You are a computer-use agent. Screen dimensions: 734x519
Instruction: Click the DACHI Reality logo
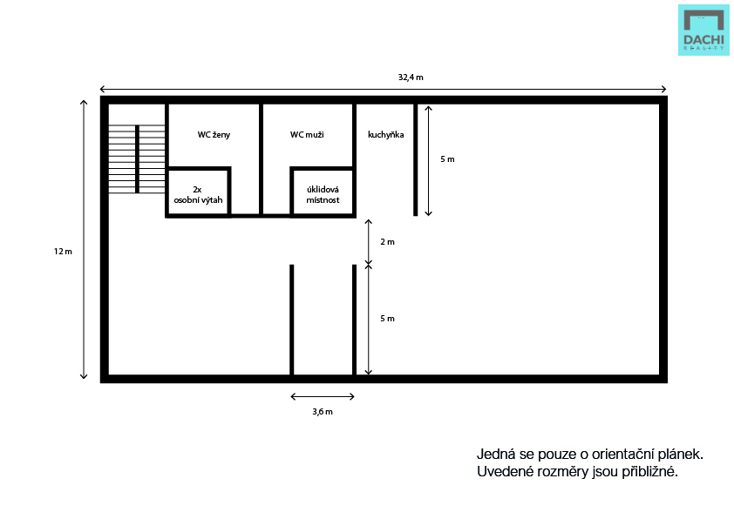point(703,30)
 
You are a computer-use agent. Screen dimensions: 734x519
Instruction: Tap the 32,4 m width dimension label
point(411,78)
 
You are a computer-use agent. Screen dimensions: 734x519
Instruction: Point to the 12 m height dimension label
point(63,252)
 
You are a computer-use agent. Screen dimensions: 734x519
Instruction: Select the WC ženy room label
point(214,135)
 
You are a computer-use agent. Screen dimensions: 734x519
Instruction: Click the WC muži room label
point(307,135)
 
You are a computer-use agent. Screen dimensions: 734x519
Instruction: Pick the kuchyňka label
point(385,135)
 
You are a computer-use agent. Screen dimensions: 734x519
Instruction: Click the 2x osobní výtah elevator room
point(198,192)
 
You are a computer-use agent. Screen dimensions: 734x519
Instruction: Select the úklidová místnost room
point(323,192)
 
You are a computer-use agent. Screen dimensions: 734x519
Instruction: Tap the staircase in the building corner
point(137,159)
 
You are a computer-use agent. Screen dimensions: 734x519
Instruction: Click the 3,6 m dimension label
point(323,412)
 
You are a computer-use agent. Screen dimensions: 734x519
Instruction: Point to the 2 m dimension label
point(387,242)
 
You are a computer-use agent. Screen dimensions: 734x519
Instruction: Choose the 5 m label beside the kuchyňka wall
point(447,159)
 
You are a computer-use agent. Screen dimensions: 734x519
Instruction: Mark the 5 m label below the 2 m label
point(387,319)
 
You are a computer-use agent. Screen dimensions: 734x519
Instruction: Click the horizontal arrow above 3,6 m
point(323,396)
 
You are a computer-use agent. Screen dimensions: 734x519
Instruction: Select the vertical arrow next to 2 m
point(369,242)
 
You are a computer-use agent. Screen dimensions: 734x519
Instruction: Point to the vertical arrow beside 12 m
point(84,239)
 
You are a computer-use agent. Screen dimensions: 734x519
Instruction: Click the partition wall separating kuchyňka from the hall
point(415,159)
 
